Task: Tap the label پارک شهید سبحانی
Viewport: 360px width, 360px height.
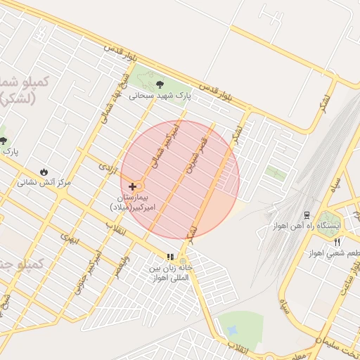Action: click(x=160, y=95)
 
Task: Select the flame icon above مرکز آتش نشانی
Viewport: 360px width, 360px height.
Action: click(x=44, y=171)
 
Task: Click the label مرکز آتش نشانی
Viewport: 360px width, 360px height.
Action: click(x=44, y=182)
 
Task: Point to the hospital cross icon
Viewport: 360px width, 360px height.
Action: click(x=132, y=186)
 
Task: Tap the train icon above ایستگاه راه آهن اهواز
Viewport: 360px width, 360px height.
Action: click(x=307, y=214)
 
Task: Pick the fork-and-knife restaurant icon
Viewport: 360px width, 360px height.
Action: click(x=337, y=242)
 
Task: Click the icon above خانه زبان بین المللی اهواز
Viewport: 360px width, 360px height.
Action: click(x=169, y=257)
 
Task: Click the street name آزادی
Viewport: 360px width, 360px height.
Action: click(x=106, y=168)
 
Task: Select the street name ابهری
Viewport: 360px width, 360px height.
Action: click(x=70, y=242)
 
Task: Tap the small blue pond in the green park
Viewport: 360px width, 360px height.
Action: click(x=231, y=329)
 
